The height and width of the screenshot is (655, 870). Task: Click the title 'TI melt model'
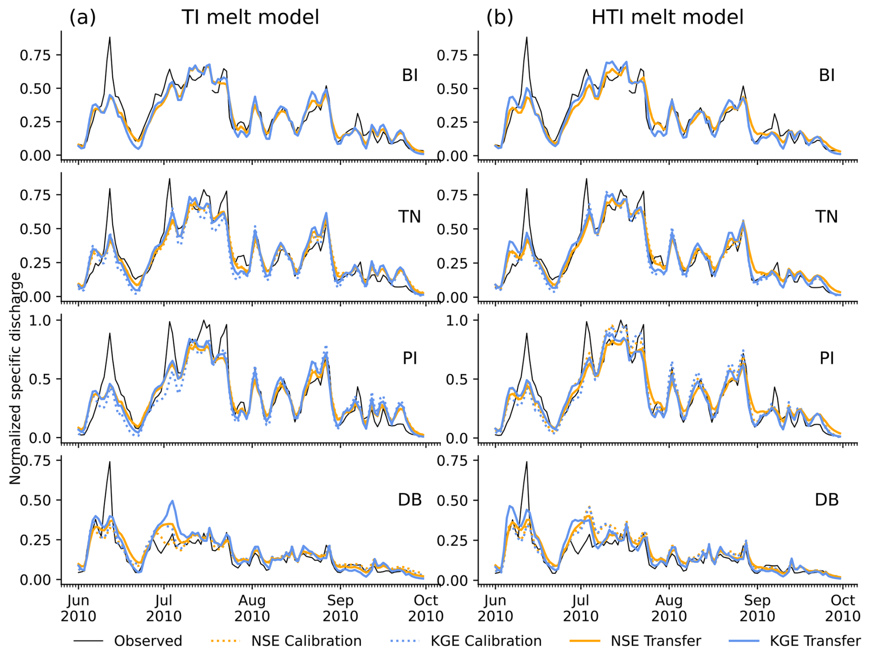coord(250,17)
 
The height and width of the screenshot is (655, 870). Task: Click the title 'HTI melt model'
coord(667,17)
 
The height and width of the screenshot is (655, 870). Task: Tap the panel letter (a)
coord(82,17)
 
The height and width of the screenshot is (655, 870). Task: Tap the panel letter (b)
coord(499,17)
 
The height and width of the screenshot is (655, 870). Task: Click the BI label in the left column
coord(410,75)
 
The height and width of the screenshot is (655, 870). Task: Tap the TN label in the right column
coord(826,216)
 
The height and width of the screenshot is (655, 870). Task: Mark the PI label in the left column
coord(410,358)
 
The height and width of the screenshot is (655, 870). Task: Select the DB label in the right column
coord(826,499)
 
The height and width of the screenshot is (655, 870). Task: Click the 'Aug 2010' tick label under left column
coord(252,608)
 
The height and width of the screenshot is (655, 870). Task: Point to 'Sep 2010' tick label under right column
coord(757,608)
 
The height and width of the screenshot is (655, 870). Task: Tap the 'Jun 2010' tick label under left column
coord(78,608)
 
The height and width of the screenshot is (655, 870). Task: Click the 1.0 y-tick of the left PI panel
coord(40,320)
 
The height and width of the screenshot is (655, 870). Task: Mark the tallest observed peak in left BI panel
coord(109,37)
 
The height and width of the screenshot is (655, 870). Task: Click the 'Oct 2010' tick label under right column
coord(842,608)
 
